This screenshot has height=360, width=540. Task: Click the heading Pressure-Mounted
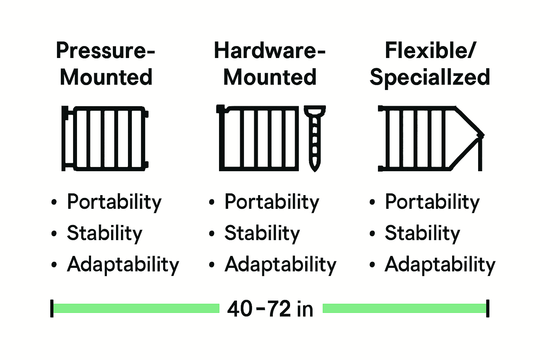tap(105, 64)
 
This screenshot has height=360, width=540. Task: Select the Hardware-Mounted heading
tap(270, 64)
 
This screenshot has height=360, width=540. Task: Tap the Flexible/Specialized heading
tap(430, 64)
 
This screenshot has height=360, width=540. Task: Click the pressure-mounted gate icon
tap(105, 138)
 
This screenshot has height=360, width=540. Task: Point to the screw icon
tap(315, 138)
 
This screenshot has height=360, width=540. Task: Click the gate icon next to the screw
tap(258, 138)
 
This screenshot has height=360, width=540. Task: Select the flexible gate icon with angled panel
tap(431, 138)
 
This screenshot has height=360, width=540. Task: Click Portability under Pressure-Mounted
tap(114, 202)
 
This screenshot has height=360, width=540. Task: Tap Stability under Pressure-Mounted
tap(104, 233)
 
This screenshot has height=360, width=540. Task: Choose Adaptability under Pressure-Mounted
tap(123, 264)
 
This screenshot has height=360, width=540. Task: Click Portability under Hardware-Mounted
tap(272, 202)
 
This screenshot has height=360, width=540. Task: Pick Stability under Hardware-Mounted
tap(262, 233)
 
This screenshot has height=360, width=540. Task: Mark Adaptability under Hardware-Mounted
tap(281, 264)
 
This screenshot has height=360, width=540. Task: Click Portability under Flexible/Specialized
tap(432, 202)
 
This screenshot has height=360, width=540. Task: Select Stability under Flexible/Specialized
tap(422, 233)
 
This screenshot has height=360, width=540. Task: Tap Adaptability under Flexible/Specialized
tap(440, 264)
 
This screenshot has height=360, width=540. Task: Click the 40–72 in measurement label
tap(270, 309)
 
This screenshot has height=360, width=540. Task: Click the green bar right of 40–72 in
tap(404, 308)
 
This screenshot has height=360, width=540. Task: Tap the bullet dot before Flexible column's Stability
tap(372, 234)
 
